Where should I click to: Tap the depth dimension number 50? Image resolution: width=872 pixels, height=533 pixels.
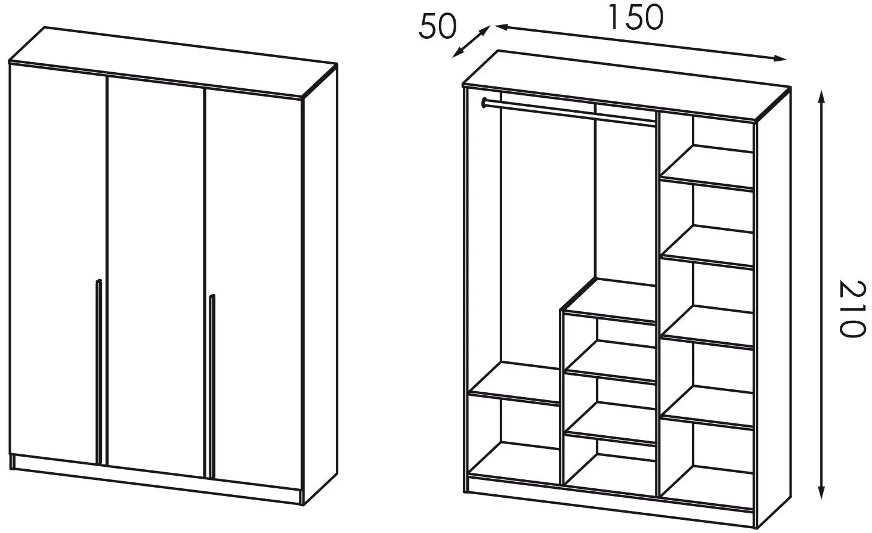point(438,27)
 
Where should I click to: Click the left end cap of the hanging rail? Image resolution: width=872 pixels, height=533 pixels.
point(484,103)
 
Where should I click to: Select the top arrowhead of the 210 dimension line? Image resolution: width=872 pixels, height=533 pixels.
point(821,95)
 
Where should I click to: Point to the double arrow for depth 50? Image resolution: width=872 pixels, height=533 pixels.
point(471,42)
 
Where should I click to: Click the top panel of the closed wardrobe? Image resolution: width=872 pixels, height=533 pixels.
point(173,63)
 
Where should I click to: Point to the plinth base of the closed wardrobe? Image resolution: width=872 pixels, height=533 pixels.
point(155,480)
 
